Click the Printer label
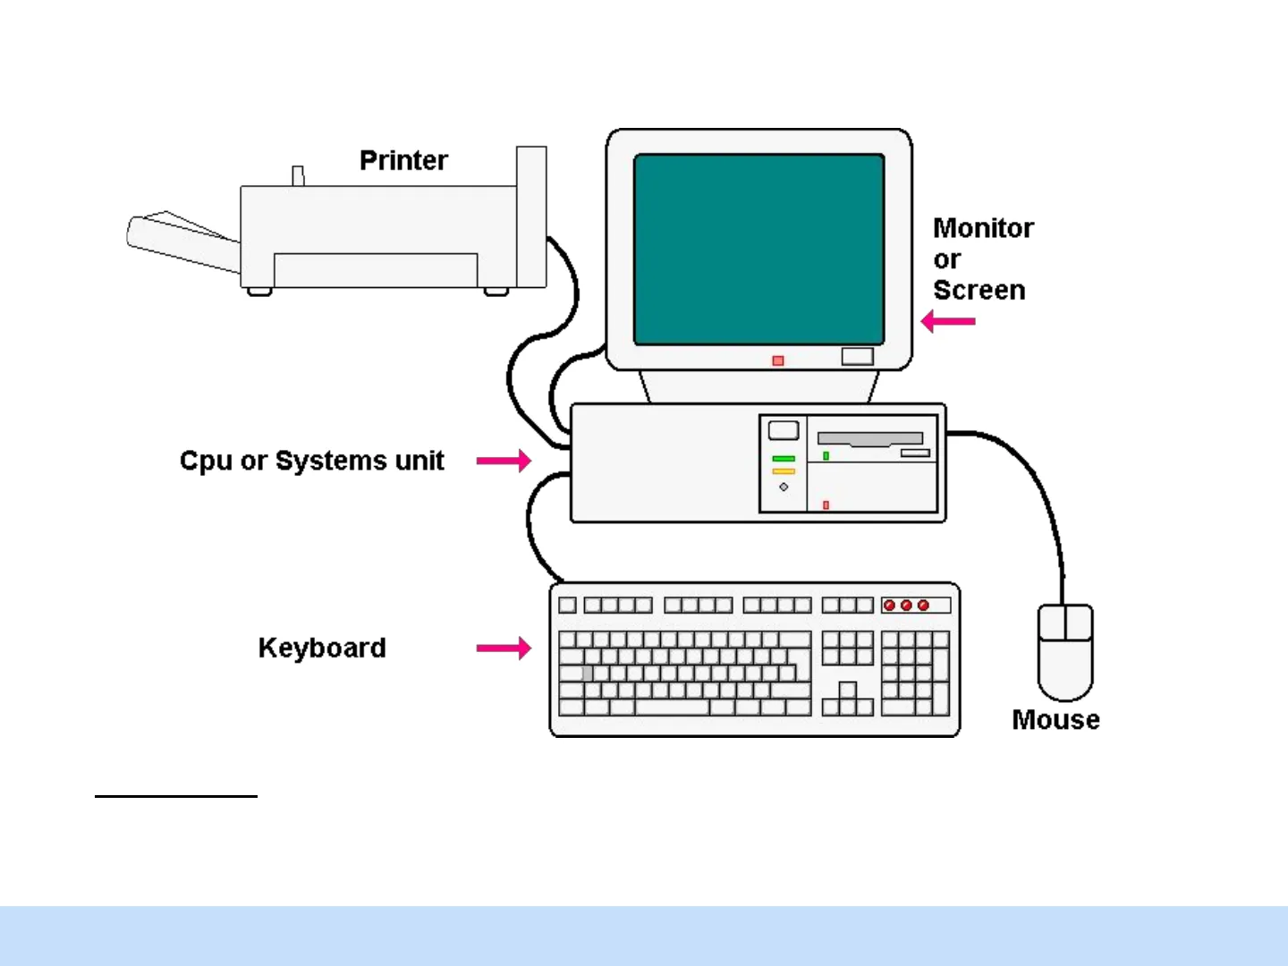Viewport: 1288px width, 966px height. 403,161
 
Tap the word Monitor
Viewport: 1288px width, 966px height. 983,228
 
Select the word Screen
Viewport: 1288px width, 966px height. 979,290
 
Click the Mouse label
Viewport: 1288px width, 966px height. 1055,720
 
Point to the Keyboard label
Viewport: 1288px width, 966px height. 322,648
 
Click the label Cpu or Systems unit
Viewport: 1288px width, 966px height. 311,461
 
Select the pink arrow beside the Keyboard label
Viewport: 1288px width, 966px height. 504,648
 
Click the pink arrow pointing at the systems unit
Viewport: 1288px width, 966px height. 504,461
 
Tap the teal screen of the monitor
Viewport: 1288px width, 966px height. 758,249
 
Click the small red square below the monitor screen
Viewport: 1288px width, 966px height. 778,360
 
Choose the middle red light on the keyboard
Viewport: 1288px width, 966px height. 906,606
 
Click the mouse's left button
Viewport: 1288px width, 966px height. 1052,623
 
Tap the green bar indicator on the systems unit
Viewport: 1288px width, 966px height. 784,459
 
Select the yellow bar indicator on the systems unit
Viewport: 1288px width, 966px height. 784,471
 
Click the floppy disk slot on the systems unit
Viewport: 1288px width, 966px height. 869,439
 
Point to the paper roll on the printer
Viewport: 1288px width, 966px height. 179,240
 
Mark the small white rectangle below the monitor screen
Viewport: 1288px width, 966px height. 857,357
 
